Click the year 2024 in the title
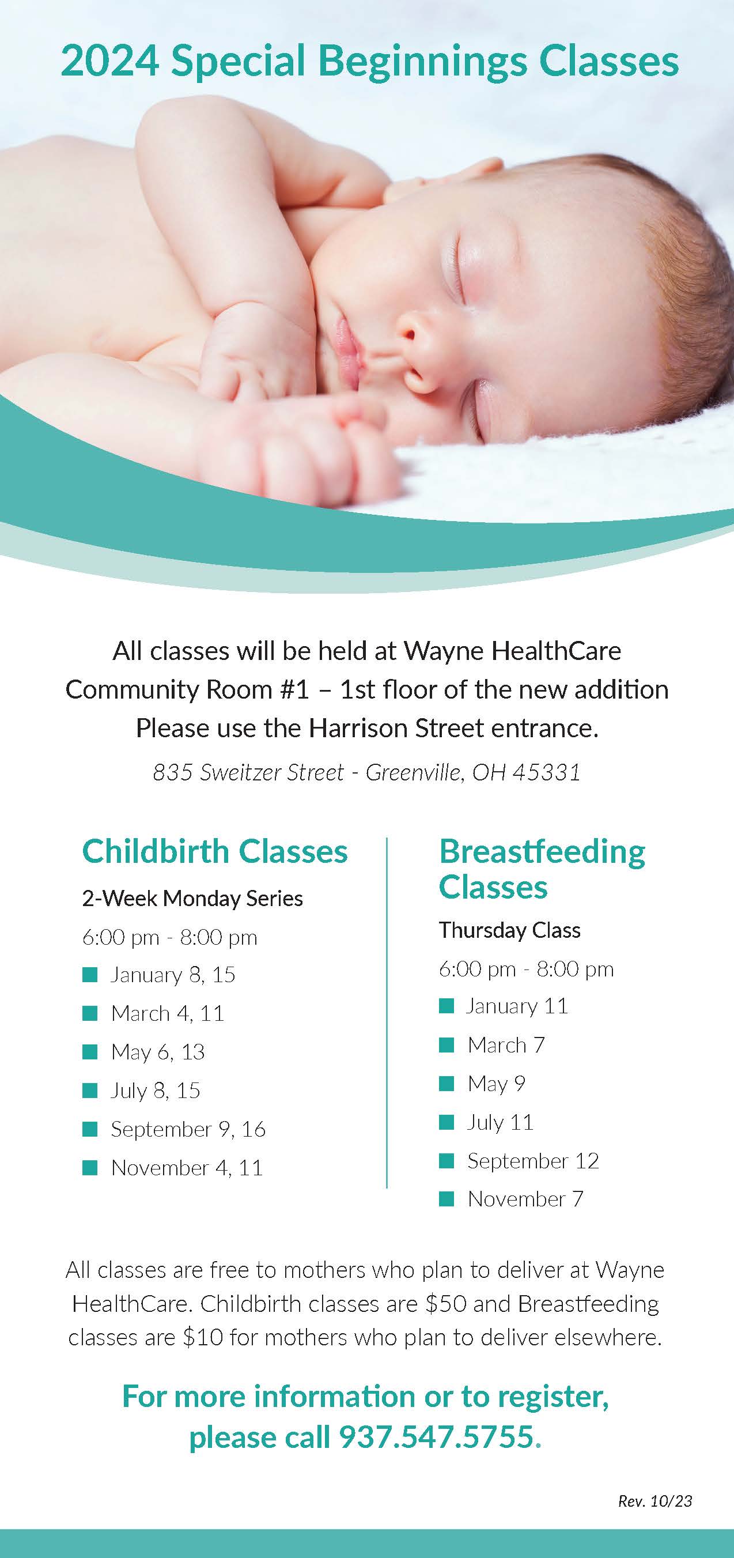(x=110, y=62)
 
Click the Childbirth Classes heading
(x=215, y=851)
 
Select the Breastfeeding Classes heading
(x=542, y=869)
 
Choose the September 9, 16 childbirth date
(x=188, y=1129)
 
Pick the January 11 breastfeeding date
(x=517, y=1006)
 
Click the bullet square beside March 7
(x=446, y=1044)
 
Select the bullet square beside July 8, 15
(x=89, y=1091)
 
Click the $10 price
(x=203, y=1337)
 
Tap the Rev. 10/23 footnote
(x=655, y=1500)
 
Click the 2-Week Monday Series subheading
(x=192, y=899)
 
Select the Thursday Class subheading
(x=510, y=930)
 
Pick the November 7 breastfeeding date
(x=525, y=1199)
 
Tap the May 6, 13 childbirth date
(x=158, y=1053)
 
